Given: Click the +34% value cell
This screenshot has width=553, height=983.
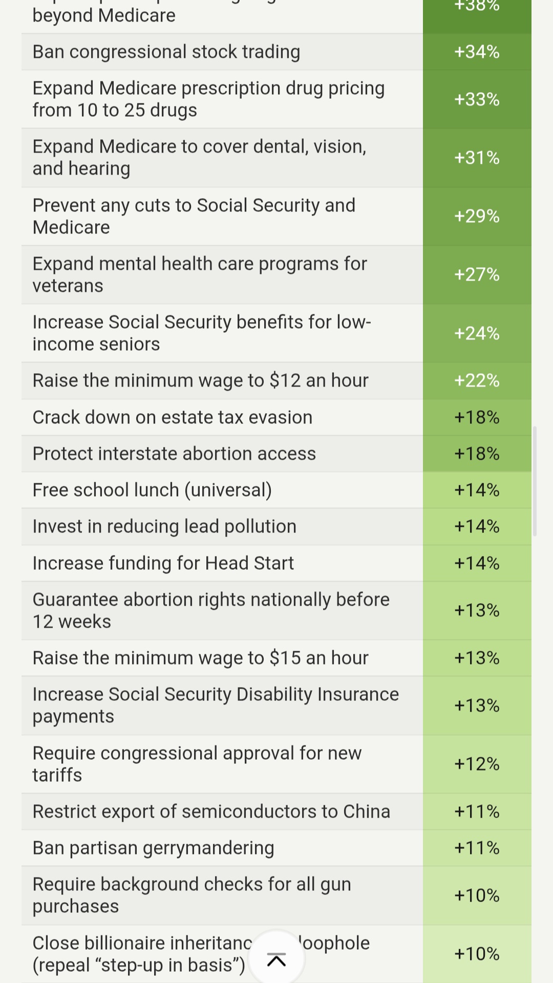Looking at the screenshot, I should pyautogui.click(x=477, y=52).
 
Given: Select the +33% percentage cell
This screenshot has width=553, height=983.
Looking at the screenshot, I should pyautogui.click(x=477, y=99).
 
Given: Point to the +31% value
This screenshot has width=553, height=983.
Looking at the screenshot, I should pyautogui.click(x=477, y=158).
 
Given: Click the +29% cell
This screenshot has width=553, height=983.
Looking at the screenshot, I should pyautogui.click(x=477, y=216).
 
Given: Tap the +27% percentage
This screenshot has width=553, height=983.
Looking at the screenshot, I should pyautogui.click(x=477, y=274).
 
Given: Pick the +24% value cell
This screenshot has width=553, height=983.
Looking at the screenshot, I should pyautogui.click(x=477, y=333).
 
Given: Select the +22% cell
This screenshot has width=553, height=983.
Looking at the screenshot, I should pyautogui.click(x=477, y=380).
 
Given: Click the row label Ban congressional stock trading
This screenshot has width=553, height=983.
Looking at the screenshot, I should pyautogui.click(x=166, y=52).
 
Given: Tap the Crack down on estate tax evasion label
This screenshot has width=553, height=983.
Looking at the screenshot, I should pyautogui.click(x=173, y=417).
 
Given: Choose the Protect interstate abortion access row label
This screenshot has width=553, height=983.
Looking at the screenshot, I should pyautogui.click(x=174, y=454).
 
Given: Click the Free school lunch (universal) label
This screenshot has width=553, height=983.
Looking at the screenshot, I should pyautogui.click(x=152, y=490).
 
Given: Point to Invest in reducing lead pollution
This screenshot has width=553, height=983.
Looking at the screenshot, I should pyautogui.click(x=164, y=526).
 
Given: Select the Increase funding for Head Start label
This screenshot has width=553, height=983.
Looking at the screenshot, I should pyautogui.click(x=163, y=563).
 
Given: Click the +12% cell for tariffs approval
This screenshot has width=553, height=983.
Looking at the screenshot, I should pyautogui.click(x=477, y=764).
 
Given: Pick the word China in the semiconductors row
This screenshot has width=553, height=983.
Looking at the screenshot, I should pyautogui.click(x=367, y=811).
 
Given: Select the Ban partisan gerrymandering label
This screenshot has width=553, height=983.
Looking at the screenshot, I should pyautogui.click(x=153, y=848).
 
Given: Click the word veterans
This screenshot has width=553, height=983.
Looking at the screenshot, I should pyautogui.click(x=68, y=286).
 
